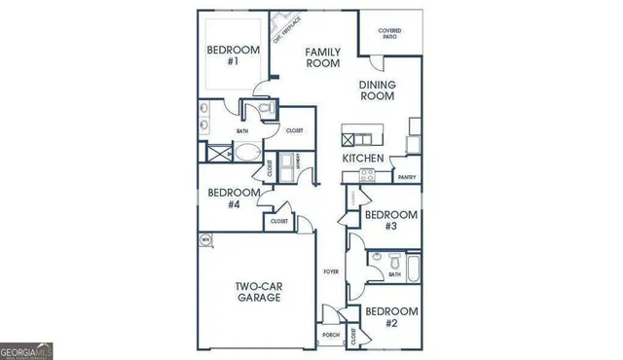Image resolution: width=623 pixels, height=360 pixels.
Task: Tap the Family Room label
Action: point(321,56)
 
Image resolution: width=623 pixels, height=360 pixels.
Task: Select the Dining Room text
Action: point(377,90)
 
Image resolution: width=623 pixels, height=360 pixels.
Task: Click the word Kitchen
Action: point(362,159)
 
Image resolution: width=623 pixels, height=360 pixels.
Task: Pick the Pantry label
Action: point(408,177)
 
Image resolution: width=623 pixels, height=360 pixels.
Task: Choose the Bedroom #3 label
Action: point(390,220)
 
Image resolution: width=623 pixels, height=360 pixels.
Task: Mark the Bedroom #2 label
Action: point(389,317)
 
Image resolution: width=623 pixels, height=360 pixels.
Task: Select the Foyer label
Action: point(331,272)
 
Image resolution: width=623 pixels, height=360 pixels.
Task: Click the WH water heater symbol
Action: point(205,238)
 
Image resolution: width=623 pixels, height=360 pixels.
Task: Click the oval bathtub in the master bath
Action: point(248,154)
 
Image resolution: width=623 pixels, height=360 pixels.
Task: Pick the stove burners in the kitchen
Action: point(368,176)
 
